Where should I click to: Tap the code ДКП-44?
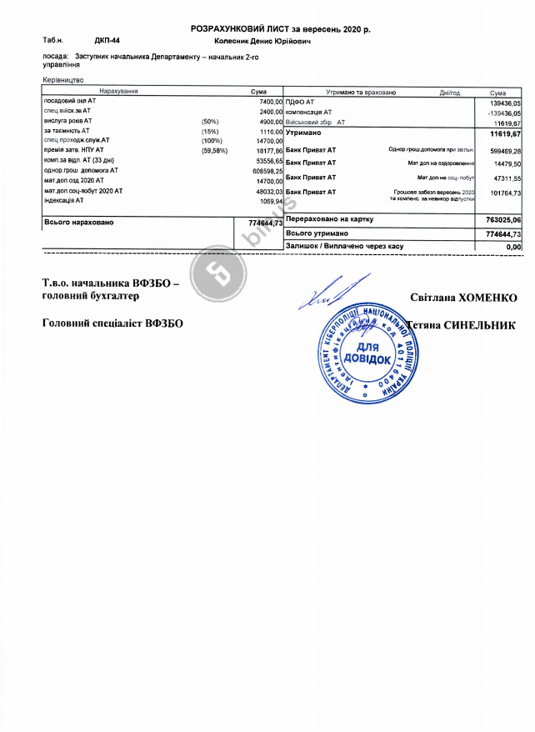click(x=107, y=39)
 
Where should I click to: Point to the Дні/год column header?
click(x=450, y=93)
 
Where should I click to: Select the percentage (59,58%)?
click(x=215, y=150)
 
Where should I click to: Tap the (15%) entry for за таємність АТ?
click(x=209, y=131)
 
